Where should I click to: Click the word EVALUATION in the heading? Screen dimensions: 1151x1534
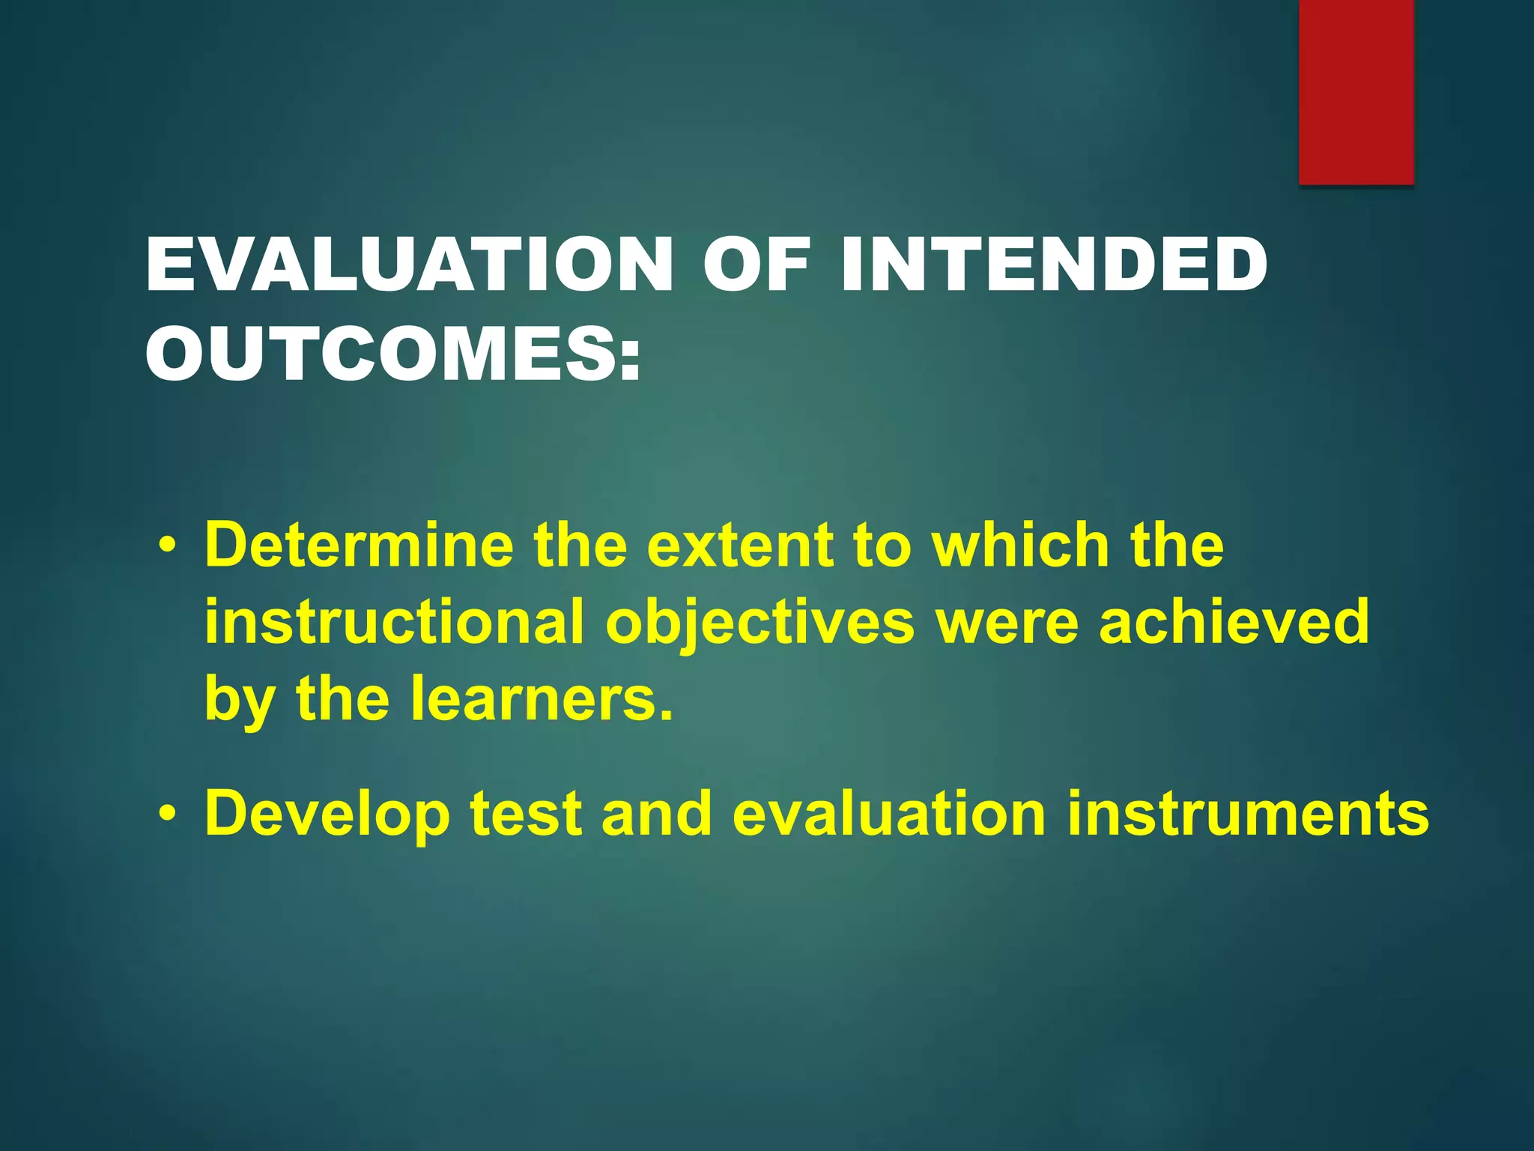pos(409,265)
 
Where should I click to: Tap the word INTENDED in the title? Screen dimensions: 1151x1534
pos(1053,265)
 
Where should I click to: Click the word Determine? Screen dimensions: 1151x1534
pos(359,545)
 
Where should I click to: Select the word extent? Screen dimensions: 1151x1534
pos(740,545)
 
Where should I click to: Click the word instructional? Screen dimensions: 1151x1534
pos(393,621)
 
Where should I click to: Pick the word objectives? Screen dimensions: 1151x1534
pos(760,621)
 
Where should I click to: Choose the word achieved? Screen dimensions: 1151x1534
pos(1234,621)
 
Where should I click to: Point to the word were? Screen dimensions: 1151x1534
pos(1006,621)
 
